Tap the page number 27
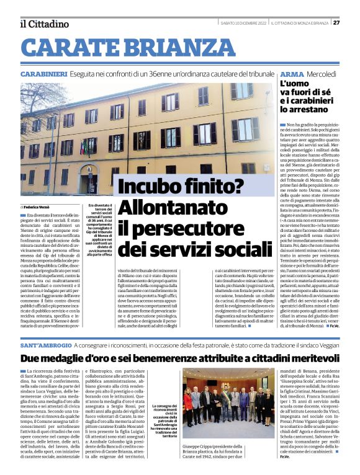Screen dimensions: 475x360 pos(336,23)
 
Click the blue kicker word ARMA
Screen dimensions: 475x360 pos(292,74)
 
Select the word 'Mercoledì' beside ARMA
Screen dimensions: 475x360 pos(322,74)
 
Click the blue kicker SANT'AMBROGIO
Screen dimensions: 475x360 pos(45,344)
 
